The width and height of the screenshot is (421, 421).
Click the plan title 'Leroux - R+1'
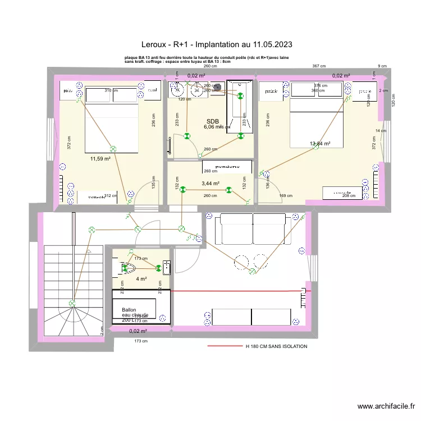point(216,44)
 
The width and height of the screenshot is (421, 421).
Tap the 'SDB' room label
point(212,121)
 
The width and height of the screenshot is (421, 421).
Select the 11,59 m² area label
point(100,159)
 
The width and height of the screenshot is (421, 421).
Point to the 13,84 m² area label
point(320,144)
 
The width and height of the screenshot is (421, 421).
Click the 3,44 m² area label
point(210,183)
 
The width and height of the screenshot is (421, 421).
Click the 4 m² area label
point(141,278)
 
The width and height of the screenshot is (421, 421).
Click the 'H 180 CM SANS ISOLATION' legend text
point(276,346)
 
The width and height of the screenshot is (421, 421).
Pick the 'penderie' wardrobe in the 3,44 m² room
point(226,166)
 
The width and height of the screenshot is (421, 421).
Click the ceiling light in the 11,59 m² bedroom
point(113,149)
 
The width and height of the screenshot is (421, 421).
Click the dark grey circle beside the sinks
point(216,88)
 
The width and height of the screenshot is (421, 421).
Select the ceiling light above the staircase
point(71,304)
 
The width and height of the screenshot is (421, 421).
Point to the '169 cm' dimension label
point(286,196)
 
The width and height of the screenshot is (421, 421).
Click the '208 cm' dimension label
point(349,196)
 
